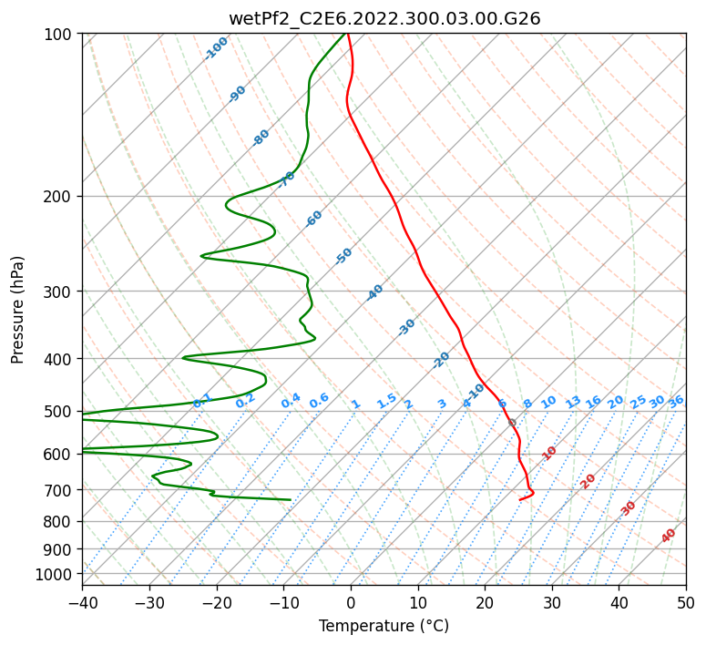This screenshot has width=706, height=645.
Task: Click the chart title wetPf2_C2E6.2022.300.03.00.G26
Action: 384,18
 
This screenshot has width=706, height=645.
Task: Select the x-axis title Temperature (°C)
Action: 384,627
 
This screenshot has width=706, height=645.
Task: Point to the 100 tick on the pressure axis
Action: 60,35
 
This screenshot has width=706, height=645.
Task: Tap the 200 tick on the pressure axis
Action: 60,197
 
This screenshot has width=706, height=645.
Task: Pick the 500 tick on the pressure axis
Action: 60,412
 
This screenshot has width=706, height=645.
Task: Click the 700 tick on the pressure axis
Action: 60,490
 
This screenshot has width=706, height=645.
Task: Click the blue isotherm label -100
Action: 217,48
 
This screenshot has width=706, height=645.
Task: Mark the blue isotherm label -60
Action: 314,219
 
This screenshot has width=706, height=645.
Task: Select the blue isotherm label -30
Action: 406,326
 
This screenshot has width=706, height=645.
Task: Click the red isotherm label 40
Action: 669,536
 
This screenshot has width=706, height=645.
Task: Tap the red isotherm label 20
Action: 588,480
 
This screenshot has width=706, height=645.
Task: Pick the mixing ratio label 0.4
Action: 292,402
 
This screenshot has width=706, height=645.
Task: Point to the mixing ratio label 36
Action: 676,401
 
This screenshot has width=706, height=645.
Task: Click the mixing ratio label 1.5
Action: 387,400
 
